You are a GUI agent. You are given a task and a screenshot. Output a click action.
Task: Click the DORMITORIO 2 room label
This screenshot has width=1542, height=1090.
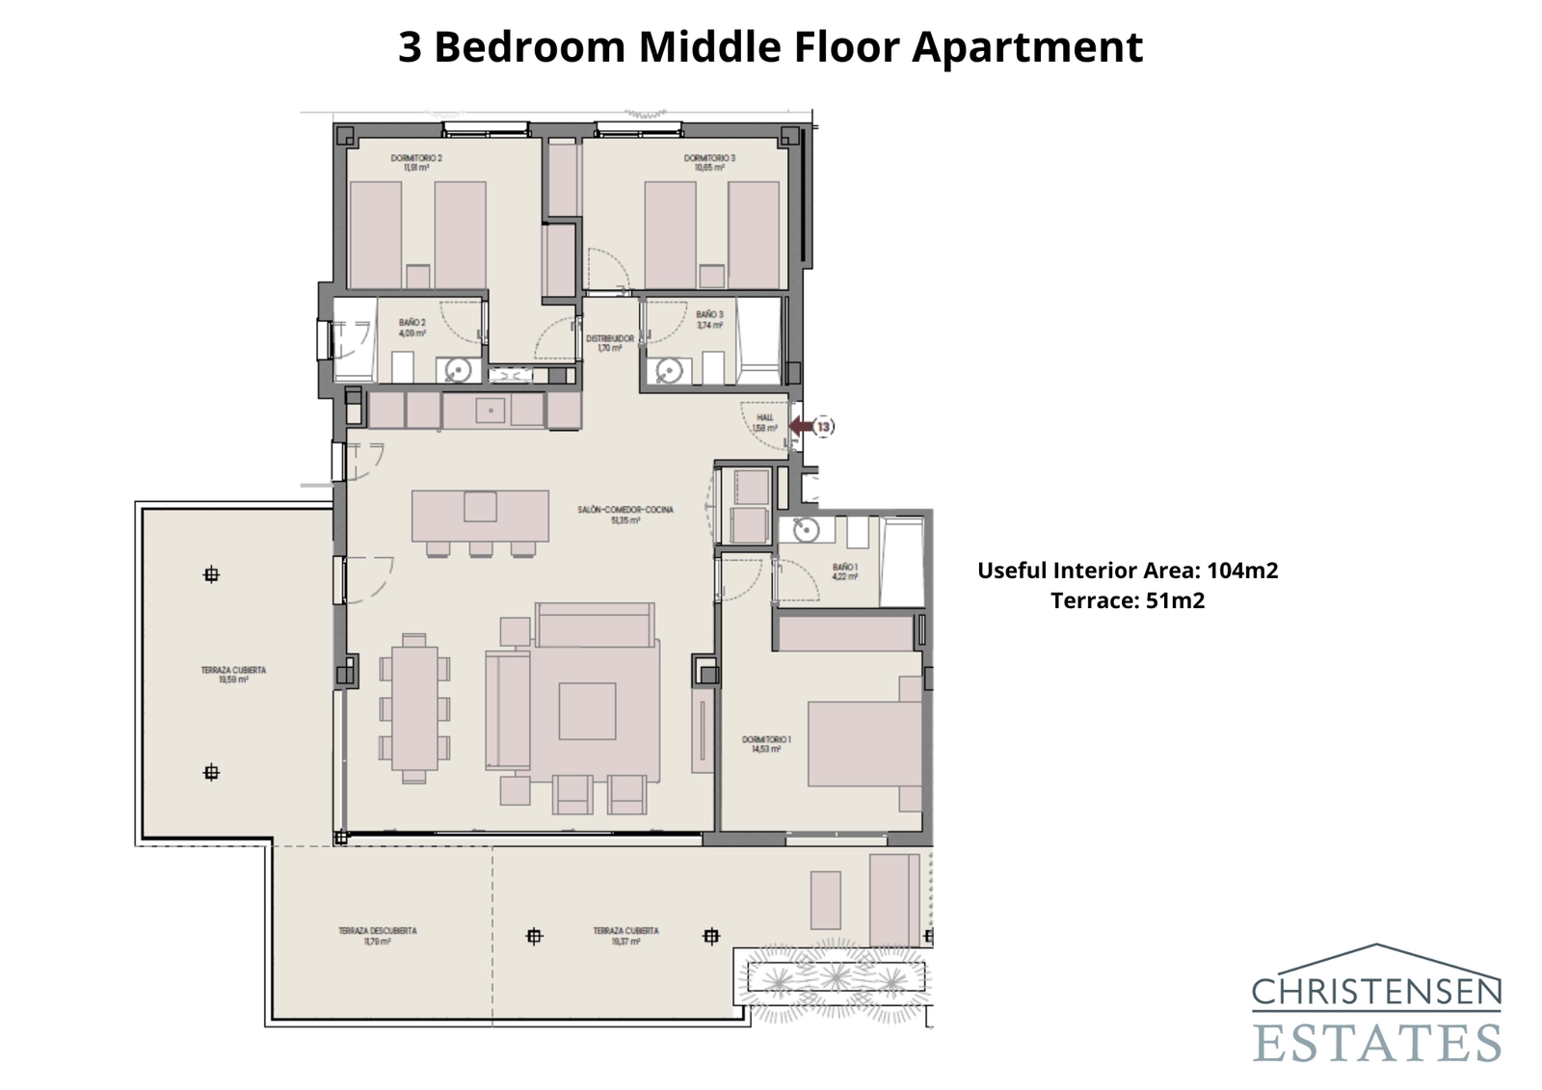(x=416, y=162)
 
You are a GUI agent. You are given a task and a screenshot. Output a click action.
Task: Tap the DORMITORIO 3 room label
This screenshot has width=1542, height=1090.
(x=709, y=162)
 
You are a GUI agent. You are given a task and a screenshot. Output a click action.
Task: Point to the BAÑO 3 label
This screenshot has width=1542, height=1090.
(x=709, y=319)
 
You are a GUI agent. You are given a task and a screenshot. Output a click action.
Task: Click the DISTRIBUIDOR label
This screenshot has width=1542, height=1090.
(x=610, y=343)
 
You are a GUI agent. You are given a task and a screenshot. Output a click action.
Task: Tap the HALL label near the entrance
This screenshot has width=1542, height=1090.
(x=764, y=422)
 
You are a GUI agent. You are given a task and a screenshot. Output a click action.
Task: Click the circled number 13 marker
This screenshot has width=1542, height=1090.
(x=824, y=426)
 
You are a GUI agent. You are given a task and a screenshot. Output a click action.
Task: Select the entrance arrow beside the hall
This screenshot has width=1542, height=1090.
(x=799, y=426)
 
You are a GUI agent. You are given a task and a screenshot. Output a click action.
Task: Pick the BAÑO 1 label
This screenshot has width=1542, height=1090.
(x=845, y=572)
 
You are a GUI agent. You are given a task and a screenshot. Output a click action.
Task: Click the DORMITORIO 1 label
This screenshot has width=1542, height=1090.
(x=766, y=743)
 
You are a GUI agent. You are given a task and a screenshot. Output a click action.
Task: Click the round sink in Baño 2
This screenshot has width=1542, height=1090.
(x=461, y=369)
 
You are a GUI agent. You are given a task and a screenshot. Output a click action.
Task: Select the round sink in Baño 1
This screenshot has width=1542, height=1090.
(x=805, y=529)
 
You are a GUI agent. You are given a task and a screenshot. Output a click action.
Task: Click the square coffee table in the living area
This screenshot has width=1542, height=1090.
(x=587, y=711)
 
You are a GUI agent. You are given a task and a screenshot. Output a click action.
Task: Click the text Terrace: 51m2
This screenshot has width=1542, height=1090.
(x=1128, y=601)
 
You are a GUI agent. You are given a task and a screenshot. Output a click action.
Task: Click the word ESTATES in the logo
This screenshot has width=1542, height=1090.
(x=1377, y=1043)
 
